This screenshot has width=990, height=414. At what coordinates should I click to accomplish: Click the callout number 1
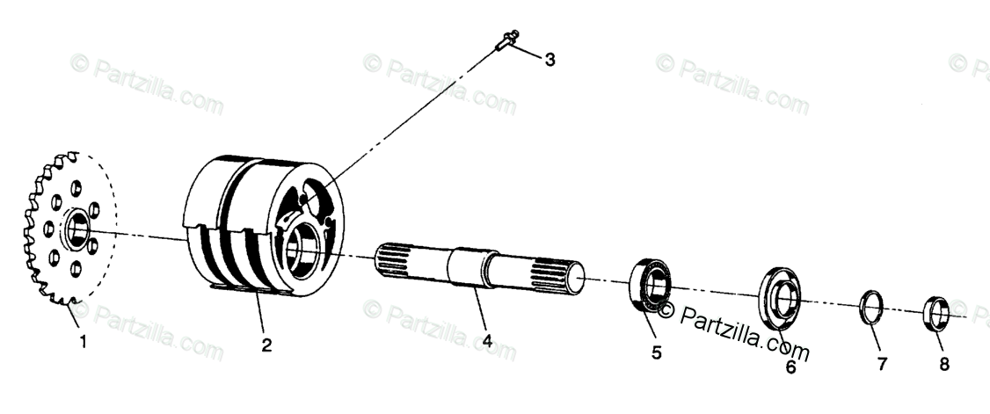point(84,343)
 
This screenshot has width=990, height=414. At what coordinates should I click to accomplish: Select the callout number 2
point(266,345)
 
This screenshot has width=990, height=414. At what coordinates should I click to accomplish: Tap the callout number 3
point(550,60)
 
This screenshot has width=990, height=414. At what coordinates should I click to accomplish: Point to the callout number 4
point(486,342)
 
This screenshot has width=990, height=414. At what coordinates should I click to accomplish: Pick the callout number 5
point(656,353)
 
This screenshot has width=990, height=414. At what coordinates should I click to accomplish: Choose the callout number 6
point(790,367)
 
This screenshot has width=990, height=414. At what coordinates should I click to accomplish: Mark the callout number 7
point(882,363)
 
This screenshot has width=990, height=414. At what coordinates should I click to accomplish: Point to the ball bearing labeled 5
point(650,284)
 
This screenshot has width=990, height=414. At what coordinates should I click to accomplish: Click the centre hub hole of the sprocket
point(76,230)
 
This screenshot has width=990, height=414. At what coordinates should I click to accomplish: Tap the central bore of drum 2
point(304,248)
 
